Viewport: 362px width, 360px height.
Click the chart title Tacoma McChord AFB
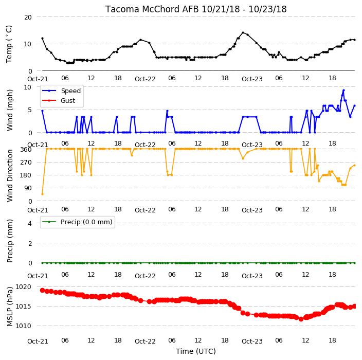[152, 9]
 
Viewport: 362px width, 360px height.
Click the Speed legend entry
[61, 91]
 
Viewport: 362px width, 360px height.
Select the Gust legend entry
[59, 101]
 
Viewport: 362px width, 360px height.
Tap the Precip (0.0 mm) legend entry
[77, 222]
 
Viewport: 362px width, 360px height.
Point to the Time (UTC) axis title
[196, 351]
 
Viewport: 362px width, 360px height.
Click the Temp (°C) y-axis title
[9, 44]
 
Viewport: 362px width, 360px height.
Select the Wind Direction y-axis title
[10, 175]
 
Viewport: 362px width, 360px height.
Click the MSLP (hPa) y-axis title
[10, 307]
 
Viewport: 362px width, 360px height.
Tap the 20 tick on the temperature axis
[28, 17]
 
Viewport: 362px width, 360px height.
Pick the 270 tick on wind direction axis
[26, 163]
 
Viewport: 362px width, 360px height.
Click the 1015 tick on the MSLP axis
[23, 307]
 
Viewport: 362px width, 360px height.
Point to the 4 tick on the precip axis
[30, 223]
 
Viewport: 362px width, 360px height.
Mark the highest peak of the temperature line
[243, 32]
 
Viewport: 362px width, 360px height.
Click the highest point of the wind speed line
[343, 91]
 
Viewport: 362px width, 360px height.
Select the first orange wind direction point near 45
[42, 194]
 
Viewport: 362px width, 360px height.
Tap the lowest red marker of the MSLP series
[301, 319]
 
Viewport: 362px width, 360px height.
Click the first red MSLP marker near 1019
[42, 290]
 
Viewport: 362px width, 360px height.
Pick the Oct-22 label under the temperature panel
[145, 79]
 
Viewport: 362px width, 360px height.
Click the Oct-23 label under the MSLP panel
[252, 341]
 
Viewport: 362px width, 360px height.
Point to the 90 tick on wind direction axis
[28, 188]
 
